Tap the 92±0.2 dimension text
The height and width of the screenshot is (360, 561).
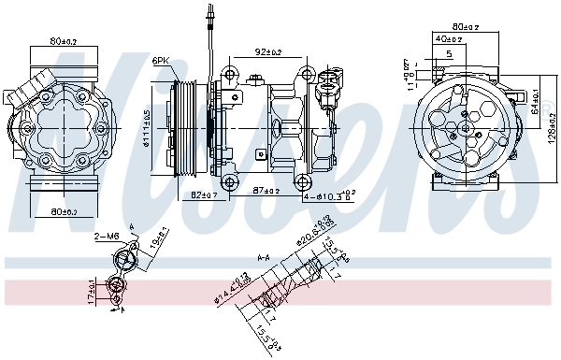(x=268, y=51)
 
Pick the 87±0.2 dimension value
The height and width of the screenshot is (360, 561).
(x=266, y=191)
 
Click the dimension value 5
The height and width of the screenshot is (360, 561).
(x=449, y=55)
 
